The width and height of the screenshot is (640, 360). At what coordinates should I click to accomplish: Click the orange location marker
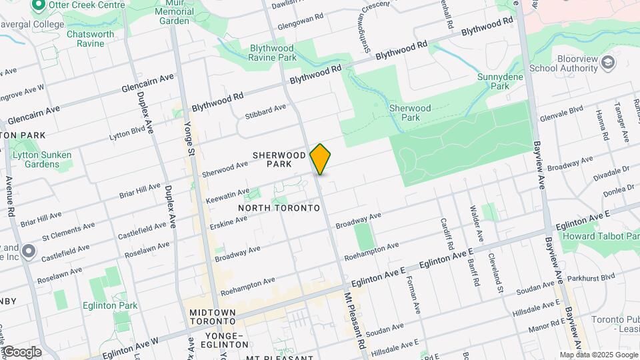(x=321, y=159)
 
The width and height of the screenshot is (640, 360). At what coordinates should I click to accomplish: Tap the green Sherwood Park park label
(x=410, y=112)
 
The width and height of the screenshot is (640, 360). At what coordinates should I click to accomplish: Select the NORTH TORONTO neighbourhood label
(x=279, y=208)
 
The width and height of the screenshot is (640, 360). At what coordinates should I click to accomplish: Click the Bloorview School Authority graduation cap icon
(x=608, y=63)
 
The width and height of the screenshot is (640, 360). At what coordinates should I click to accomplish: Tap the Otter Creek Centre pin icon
(x=38, y=5)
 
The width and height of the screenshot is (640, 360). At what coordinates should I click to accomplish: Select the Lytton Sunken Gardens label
(x=42, y=159)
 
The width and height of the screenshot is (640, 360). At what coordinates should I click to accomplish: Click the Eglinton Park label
(x=110, y=305)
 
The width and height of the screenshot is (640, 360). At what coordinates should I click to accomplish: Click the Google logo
(x=21, y=351)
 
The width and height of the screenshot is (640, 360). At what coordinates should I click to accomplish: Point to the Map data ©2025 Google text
(x=598, y=355)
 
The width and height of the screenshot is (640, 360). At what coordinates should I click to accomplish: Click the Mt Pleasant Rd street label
(x=356, y=320)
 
